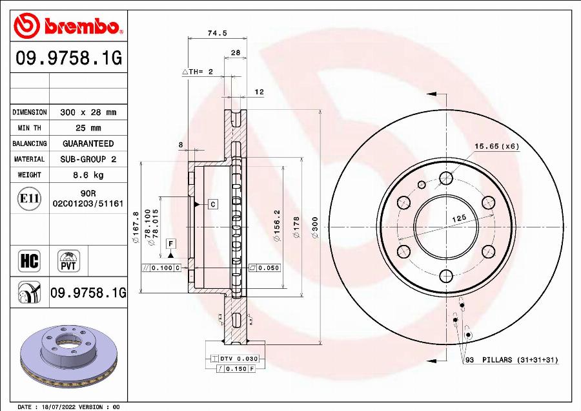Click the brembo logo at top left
click(x=68, y=26)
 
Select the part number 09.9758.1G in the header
click(x=68, y=59)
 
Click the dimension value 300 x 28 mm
click(x=88, y=112)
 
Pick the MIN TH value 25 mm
click(x=88, y=128)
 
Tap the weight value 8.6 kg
click(x=88, y=174)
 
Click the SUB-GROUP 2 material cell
click(x=88, y=159)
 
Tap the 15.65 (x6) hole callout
click(x=496, y=146)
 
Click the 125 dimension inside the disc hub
click(x=458, y=220)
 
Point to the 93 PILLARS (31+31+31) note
click(x=511, y=360)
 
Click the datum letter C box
click(x=213, y=204)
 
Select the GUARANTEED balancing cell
click(x=88, y=143)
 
